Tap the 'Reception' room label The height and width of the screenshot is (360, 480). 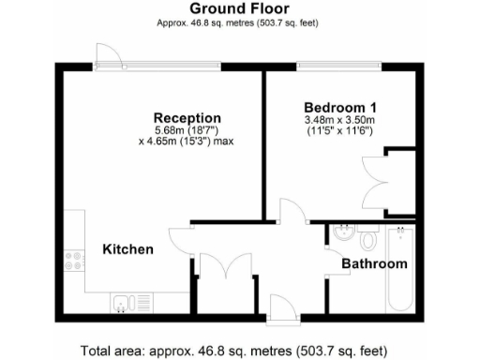click(x=187, y=117)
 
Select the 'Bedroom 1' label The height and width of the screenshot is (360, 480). click(x=337, y=107)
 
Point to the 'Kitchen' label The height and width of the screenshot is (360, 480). click(x=127, y=249)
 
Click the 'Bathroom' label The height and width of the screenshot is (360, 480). click(x=374, y=263)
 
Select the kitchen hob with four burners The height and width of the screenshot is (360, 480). click(x=71, y=263)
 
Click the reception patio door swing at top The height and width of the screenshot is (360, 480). click(x=109, y=56)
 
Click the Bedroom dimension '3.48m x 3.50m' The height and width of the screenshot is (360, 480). click(x=339, y=120)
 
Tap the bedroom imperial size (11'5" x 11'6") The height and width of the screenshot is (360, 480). click(x=338, y=132)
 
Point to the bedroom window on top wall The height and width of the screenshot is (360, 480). click(x=337, y=67)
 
